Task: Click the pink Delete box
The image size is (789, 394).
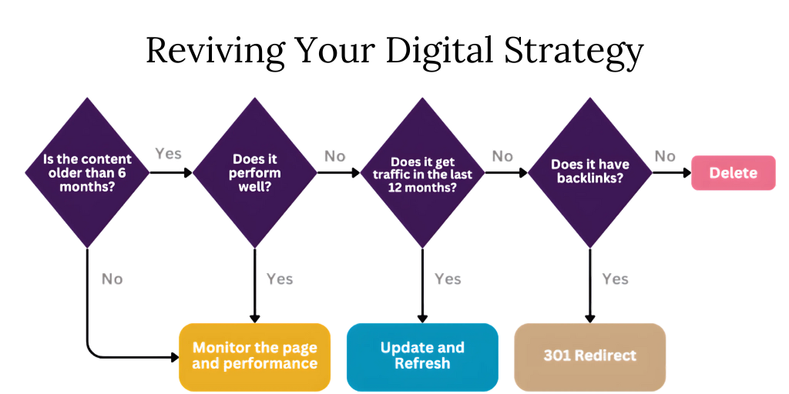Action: [x=734, y=173]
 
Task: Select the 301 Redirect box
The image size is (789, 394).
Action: [x=589, y=356]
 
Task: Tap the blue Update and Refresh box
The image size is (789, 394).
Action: [x=422, y=356]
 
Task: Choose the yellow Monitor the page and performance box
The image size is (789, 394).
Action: [x=254, y=356]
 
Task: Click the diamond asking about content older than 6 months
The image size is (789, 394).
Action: [x=87, y=172]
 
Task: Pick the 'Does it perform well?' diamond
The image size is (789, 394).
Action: [x=255, y=172]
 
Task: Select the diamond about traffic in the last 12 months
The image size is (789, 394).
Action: [x=423, y=172]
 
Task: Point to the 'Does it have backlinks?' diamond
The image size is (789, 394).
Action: [x=590, y=172]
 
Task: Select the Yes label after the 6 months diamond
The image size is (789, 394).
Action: [x=168, y=153]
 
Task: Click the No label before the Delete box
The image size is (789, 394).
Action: [x=665, y=156]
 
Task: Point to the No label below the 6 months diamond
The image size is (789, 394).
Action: [x=112, y=279]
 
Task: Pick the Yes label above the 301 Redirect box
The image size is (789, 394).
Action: [x=615, y=279]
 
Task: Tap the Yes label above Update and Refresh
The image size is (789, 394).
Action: [x=448, y=279]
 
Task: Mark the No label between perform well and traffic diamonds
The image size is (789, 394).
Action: [x=334, y=156]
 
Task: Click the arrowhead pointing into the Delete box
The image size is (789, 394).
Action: [x=687, y=173]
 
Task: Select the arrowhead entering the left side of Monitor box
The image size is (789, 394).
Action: [x=176, y=357]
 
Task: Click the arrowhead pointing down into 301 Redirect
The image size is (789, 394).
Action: [x=589, y=319]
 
